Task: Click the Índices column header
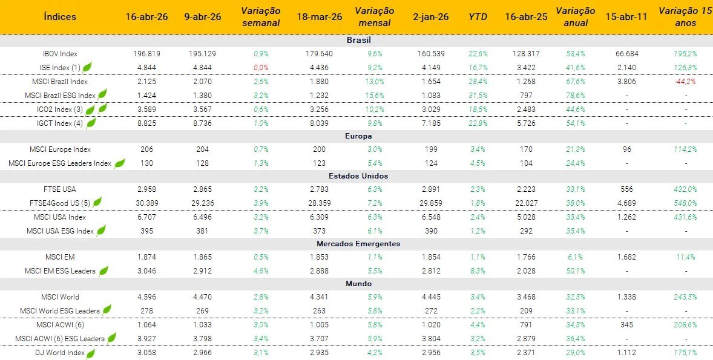60,16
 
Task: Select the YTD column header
478,16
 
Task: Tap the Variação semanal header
260,17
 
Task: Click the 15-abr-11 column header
626,16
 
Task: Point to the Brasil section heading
359,40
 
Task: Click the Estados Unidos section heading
359,176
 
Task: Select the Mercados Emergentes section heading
359,244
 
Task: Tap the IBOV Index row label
60,54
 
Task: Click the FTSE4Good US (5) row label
60,203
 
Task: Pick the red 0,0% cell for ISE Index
261,68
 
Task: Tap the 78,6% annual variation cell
574,96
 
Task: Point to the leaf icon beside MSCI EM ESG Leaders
103,270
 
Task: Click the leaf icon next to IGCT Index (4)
91,123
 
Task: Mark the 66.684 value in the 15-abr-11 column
626,54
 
